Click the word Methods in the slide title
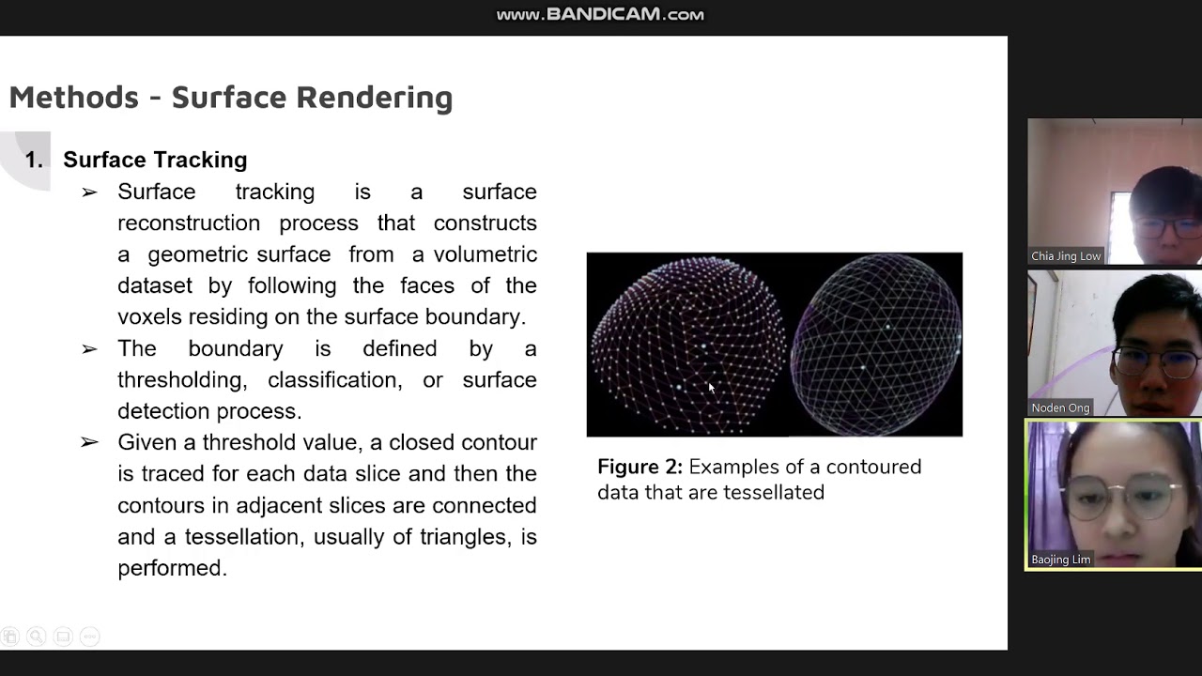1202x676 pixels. click(74, 98)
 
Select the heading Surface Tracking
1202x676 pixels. click(155, 160)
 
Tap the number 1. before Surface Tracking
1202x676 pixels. click(34, 160)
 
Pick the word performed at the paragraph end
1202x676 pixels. click(171, 568)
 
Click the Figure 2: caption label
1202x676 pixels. click(640, 468)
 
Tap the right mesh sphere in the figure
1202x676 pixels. click(876, 345)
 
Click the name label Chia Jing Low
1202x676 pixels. click(1066, 256)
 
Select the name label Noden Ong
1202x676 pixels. click(1060, 407)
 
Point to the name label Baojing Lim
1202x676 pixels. click(1061, 560)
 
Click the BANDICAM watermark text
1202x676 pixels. click(600, 14)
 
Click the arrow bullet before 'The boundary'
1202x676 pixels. click(89, 349)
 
